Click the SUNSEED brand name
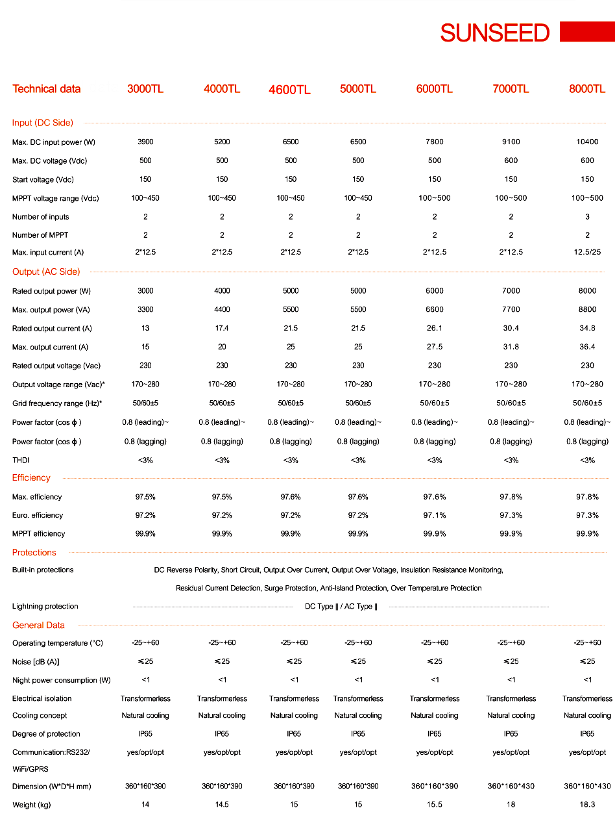494,33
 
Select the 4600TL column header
289,90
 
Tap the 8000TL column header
587,89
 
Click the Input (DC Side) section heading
43,123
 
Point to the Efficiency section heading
31,478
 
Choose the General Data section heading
38,625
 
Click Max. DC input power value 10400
587,142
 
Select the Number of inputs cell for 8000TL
587,217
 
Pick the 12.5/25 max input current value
587,252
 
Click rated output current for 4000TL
222,329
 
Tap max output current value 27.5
435,347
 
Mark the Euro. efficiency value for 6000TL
435,515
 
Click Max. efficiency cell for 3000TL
145,497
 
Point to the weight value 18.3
587,805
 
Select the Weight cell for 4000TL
222,805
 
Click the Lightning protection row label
45,607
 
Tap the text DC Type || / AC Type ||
341,607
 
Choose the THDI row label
21,461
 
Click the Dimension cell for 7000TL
511,787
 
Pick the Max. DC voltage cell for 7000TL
511,160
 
